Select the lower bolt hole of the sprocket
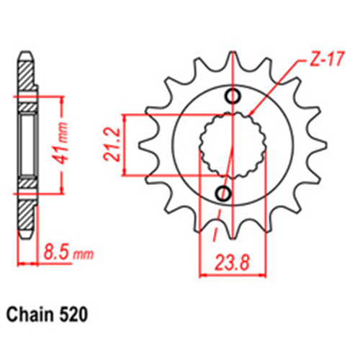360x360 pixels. click(x=224, y=192)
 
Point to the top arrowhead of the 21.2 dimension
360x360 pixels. click(x=125, y=117)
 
